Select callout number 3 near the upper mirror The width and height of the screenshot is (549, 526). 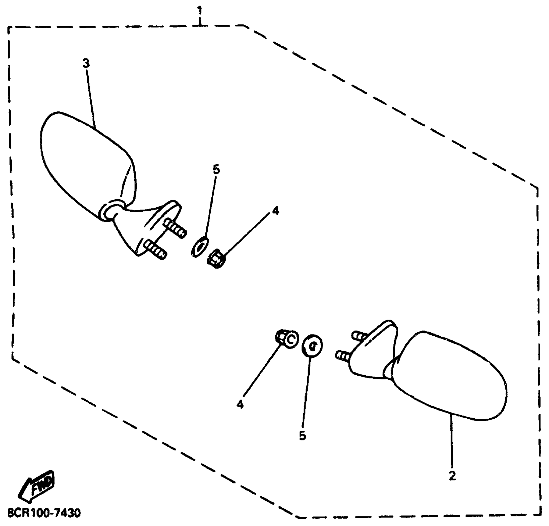[86, 63]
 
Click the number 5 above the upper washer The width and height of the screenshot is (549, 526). [216, 170]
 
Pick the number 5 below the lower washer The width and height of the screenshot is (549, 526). [302, 436]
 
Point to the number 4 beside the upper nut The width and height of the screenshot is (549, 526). [275, 211]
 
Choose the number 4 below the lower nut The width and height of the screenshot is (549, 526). [240, 404]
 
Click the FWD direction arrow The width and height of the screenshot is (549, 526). [37, 489]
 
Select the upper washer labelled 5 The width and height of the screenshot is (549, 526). [199, 246]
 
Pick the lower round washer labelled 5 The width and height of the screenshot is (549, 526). [312, 346]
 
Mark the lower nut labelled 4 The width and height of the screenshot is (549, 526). [287, 339]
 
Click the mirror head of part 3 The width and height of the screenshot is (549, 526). [84, 161]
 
